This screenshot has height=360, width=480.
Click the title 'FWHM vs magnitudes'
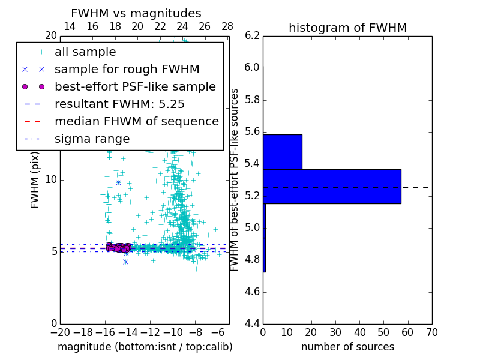(x=136, y=14)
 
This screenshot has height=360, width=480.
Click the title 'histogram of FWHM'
(x=347, y=28)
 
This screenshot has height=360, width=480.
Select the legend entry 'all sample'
(x=85, y=52)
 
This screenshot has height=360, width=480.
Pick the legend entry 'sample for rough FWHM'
(x=127, y=70)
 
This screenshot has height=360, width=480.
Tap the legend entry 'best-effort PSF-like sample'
(x=135, y=87)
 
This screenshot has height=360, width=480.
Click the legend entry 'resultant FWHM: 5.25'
(x=119, y=104)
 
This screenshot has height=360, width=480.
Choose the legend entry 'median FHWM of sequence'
(x=136, y=122)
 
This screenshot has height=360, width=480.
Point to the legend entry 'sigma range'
(x=92, y=139)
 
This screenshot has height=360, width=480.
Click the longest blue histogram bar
(x=332, y=187)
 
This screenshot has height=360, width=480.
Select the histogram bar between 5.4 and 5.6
(x=282, y=152)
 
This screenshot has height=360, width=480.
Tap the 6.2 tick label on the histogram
(x=252, y=35)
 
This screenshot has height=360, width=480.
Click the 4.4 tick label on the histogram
(x=252, y=324)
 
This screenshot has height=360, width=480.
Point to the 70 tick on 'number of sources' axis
(x=431, y=332)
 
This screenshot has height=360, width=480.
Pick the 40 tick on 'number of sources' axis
(x=359, y=332)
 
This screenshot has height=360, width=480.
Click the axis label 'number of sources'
(x=347, y=347)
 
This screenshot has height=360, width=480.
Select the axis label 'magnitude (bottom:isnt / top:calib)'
(x=145, y=347)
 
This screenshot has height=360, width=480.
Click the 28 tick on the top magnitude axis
(x=227, y=27)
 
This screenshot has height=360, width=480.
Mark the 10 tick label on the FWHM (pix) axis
(x=51, y=180)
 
